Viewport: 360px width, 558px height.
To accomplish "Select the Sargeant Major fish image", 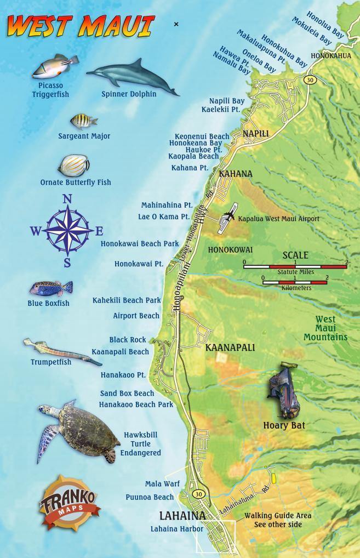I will point(83,121).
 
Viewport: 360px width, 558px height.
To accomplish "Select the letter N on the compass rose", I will point(67,200).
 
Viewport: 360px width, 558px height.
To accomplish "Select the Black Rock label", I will point(128,340).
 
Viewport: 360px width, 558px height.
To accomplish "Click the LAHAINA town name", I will point(182,516).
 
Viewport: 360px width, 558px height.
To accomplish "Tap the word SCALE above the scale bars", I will point(295,255).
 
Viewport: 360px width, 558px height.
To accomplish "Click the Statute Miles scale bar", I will point(296,265).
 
